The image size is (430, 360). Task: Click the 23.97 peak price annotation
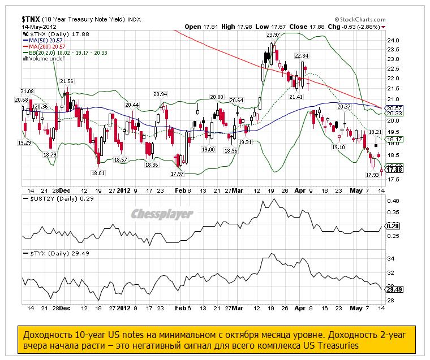pos(273,35)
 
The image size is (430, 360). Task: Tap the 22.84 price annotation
pos(302,55)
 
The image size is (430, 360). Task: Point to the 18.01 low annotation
pos(98,173)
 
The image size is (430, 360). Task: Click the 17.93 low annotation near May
pos(372,175)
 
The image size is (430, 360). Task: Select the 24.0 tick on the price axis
pos(393,41)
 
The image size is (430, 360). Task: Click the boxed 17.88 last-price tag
pos(394,169)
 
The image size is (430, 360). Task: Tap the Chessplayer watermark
pos(162,214)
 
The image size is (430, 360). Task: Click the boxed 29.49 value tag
pos(394,289)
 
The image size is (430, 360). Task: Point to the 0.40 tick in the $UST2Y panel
pos(393,201)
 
